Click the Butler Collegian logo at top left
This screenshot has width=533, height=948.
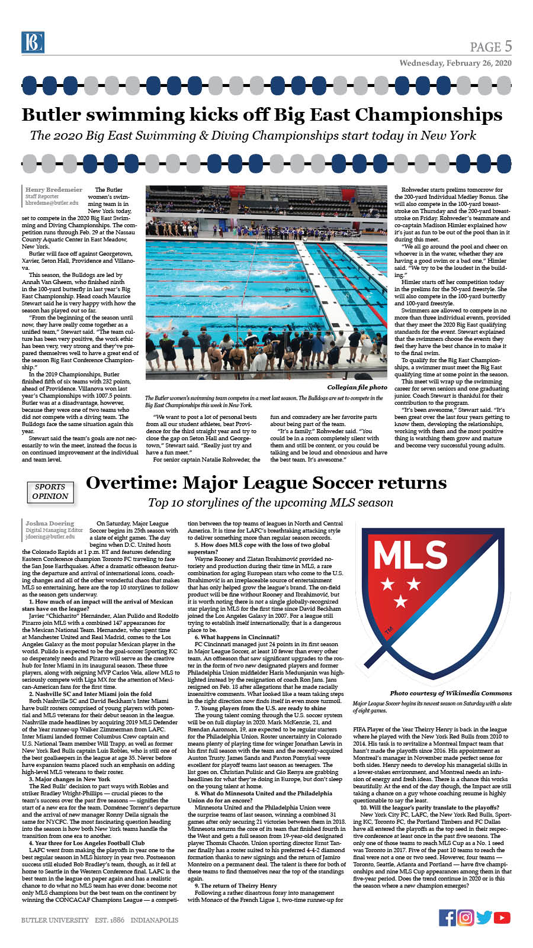(x=33, y=42)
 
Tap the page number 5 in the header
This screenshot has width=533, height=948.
(x=508, y=46)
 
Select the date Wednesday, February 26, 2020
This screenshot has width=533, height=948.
(x=455, y=63)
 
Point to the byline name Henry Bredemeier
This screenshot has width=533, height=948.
(x=54, y=189)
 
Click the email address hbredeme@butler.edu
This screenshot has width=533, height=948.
(x=52, y=203)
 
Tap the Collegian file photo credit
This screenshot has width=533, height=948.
(x=357, y=387)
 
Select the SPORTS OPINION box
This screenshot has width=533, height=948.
(x=50, y=492)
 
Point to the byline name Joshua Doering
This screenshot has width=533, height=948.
(x=50, y=523)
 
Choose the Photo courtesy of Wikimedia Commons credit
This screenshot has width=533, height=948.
(x=451, y=693)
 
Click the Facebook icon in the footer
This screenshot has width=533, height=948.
(x=448, y=917)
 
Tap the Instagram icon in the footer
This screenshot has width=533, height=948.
(x=466, y=917)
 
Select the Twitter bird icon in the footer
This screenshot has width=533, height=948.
(x=484, y=917)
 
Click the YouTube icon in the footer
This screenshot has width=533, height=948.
(x=502, y=917)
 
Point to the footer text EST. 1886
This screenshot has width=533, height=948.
(x=110, y=920)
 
